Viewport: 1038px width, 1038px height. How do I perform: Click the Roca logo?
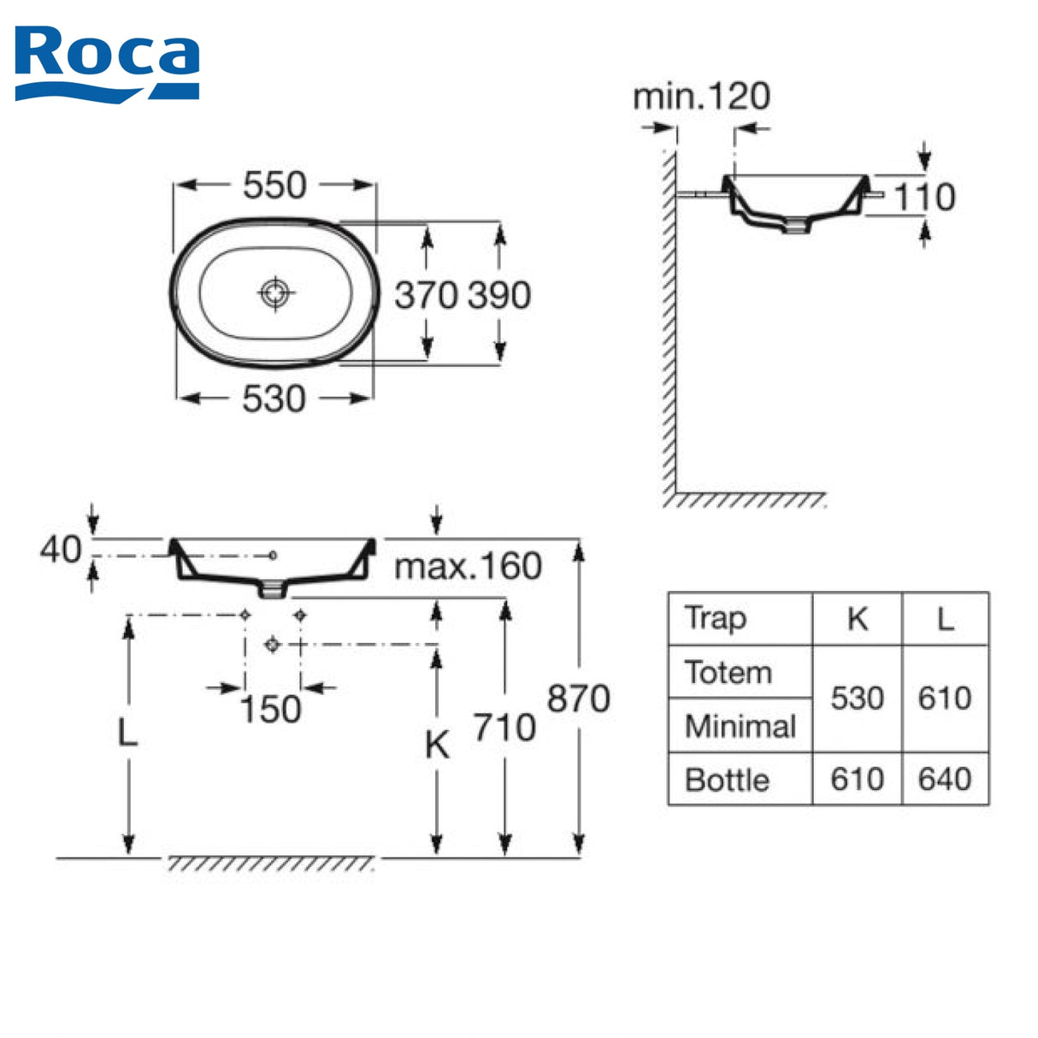107,65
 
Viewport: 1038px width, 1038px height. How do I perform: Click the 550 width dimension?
274,186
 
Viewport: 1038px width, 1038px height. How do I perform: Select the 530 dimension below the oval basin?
274,399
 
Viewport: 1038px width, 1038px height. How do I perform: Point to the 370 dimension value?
426,295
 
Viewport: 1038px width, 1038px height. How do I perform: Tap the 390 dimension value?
499,295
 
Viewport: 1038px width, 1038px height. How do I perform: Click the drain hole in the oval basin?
275,293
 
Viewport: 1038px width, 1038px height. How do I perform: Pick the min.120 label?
701,97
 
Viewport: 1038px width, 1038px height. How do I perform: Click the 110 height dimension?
925,197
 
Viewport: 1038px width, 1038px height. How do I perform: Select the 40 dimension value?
61,550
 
